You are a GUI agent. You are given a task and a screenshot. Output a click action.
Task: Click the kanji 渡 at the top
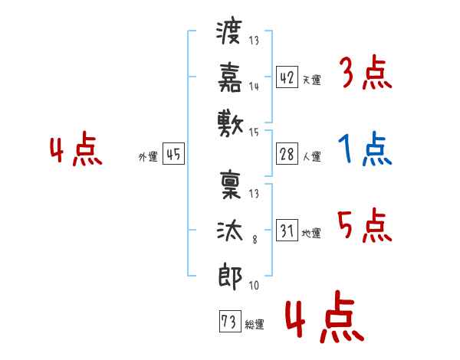[x=229, y=31]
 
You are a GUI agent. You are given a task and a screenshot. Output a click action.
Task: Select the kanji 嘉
[x=230, y=77]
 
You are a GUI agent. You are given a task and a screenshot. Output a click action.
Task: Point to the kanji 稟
[x=230, y=185]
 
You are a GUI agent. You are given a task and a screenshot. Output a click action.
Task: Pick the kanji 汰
[x=230, y=231]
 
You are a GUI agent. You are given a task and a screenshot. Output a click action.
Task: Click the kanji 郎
[x=230, y=277]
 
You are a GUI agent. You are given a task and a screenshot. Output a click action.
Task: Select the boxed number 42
[x=287, y=77]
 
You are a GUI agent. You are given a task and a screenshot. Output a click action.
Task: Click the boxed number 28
[x=287, y=154]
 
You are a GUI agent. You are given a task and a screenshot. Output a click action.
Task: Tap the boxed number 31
[x=287, y=230]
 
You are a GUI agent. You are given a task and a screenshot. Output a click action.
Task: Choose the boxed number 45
[x=174, y=154]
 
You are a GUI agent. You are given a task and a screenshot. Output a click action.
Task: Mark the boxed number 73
[x=230, y=321]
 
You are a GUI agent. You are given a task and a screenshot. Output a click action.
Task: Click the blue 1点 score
[x=365, y=149]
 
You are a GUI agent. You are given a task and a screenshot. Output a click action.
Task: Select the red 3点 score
[x=366, y=72]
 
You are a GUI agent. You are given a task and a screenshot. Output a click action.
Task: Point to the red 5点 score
[x=365, y=225]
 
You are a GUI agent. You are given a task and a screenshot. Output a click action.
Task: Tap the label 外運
[x=148, y=156]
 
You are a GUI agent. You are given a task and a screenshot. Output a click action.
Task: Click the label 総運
[x=255, y=325]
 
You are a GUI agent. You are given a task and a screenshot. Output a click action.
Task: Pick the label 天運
[x=312, y=80]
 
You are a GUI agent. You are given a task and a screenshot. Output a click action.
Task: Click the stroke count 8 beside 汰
[x=255, y=240]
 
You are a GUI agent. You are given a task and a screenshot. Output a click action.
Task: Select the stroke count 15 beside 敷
[x=254, y=133]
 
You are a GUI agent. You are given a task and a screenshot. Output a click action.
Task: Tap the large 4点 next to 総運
[x=325, y=317]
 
